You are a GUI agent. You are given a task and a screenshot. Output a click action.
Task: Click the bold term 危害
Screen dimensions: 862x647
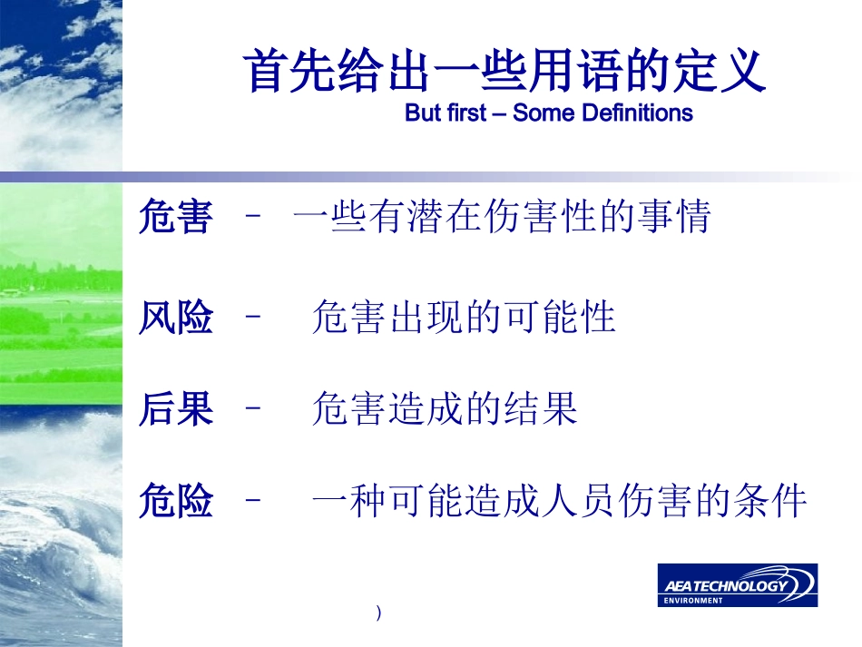point(175,216)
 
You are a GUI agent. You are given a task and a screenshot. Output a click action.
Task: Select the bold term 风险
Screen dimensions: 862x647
point(175,317)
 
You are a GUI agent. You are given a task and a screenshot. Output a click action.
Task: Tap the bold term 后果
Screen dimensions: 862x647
point(175,408)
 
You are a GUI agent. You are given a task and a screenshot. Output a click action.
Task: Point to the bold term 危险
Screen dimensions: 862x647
point(175,500)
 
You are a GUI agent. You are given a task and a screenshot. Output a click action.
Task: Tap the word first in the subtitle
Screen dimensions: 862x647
point(466,113)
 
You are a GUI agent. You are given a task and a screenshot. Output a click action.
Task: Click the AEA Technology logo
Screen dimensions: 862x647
point(737,585)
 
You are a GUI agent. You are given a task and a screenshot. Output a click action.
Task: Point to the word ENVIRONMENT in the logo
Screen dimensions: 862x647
point(693,601)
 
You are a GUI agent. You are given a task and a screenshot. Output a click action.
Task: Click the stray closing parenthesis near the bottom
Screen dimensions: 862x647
point(378,613)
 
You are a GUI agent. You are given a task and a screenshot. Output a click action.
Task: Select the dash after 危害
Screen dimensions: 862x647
point(253,215)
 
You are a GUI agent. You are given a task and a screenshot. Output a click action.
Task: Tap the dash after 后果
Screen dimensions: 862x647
point(253,407)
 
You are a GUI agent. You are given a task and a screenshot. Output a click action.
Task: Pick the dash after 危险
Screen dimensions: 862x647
point(253,500)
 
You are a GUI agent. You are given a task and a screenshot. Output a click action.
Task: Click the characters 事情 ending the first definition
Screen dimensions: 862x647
point(674,216)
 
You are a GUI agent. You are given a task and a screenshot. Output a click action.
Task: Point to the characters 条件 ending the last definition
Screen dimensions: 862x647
point(769,500)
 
